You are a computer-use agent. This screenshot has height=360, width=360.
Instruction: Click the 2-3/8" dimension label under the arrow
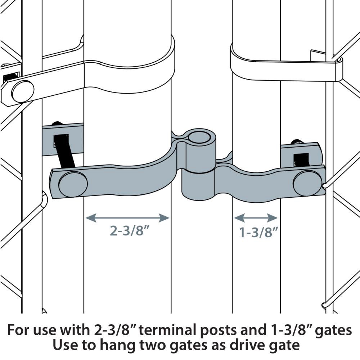[x=130, y=230]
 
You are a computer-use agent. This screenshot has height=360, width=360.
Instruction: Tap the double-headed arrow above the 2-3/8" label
[x=127, y=218]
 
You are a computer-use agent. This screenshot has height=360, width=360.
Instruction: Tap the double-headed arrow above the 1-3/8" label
[x=256, y=218]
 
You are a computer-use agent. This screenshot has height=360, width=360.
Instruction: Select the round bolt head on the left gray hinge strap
[x=73, y=184]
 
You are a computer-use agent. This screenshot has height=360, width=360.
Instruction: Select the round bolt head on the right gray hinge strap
[x=308, y=183]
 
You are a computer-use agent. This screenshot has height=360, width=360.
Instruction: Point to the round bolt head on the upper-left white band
[x=23, y=91]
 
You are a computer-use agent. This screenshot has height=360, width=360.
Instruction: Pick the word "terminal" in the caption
[x=168, y=330]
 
